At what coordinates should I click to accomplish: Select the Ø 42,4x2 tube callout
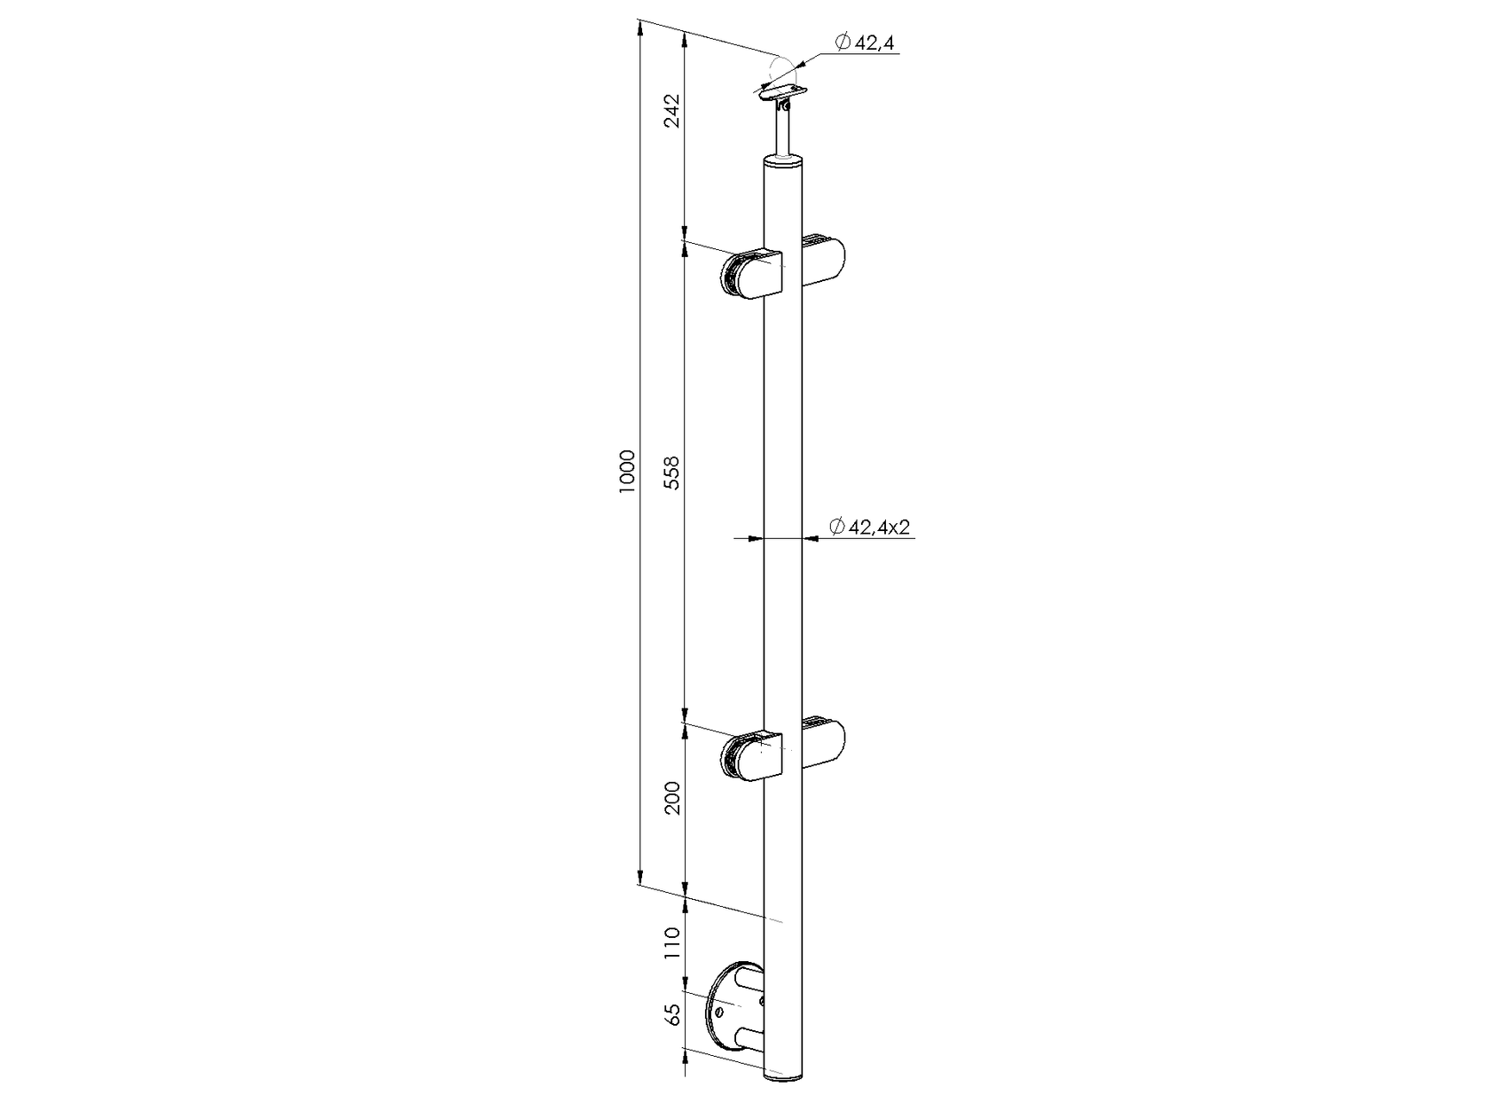pyautogui.click(x=870, y=528)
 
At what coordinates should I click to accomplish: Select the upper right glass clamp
pyautogui.click(x=824, y=260)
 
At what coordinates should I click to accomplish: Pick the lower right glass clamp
pyautogui.click(x=824, y=743)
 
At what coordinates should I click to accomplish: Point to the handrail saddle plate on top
pyautogui.click(x=782, y=90)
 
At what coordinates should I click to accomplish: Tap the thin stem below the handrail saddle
pyautogui.click(x=783, y=134)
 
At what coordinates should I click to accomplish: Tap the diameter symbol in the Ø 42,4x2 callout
pyautogui.click(x=836, y=528)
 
